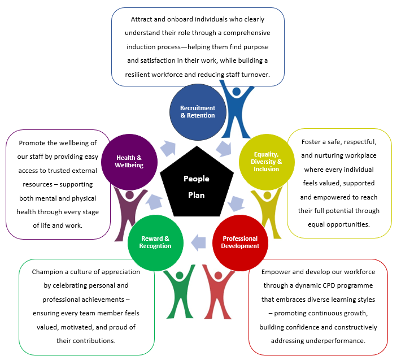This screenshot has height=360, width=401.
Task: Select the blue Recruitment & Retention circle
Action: click(197, 111)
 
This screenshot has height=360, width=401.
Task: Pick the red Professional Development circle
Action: click(240, 242)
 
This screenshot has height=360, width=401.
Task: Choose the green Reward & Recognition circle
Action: click(156, 242)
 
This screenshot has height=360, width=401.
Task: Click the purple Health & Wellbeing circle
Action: click(129, 161)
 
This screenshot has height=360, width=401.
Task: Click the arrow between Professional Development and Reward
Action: click(198, 243)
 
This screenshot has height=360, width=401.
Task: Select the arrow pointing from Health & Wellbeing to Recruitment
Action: click(168, 149)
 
